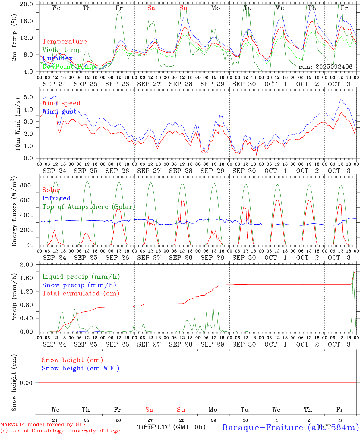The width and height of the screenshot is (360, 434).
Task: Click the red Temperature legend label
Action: (65, 42)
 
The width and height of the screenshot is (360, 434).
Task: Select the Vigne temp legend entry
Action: (62, 50)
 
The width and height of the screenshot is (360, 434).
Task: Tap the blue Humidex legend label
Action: (57, 58)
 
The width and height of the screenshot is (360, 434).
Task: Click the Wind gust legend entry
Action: (59, 112)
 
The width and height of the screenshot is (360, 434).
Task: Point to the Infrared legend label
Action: (56, 198)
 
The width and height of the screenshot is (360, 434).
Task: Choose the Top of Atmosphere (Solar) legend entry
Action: (89, 207)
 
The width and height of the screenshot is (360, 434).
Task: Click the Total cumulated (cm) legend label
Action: (81, 293)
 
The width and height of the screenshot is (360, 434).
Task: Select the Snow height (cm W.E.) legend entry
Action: (81, 368)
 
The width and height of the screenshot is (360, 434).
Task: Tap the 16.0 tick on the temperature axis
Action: (30, 21)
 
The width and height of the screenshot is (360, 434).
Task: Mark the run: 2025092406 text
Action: (325, 67)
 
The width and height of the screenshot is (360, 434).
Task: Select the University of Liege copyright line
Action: (60, 431)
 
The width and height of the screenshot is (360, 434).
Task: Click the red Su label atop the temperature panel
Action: (183, 8)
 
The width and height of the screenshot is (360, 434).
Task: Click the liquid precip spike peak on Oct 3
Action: (353, 267)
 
